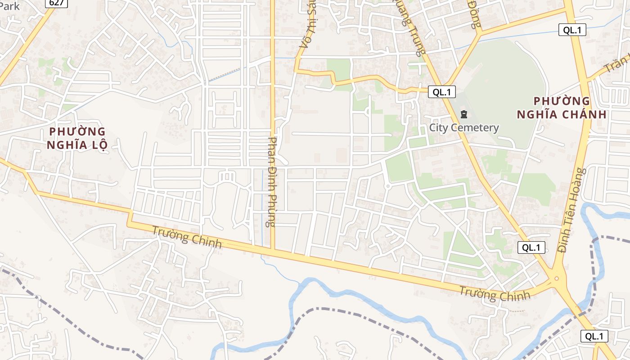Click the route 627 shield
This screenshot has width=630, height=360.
coord(56,3)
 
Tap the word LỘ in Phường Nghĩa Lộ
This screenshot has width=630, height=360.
coord(98,145)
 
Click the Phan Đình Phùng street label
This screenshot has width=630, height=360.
coord(271,182)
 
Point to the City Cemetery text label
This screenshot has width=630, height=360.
coord(464,128)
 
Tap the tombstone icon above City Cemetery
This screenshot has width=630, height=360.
coord(464,114)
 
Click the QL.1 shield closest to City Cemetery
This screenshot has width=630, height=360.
coord(441,92)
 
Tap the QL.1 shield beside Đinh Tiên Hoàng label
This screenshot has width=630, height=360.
coord(531,247)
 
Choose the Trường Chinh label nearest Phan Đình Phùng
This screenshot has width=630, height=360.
coord(187,237)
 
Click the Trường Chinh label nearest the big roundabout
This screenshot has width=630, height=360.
coord(495,294)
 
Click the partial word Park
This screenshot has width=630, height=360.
coord(10,5)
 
